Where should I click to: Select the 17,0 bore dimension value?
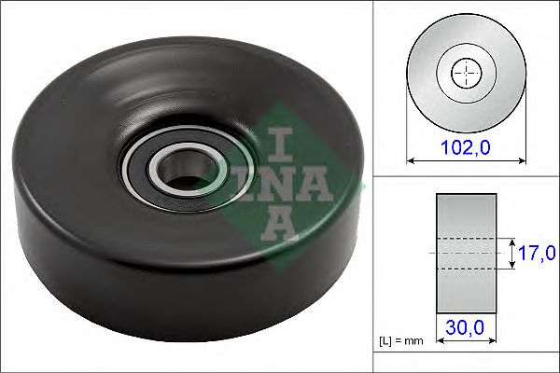pyautogui.click(x=536, y=253)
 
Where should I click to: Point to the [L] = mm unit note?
pyautogui.click(x=402, y=341)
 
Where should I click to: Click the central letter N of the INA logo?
pyautogui.click(x=279, y=183)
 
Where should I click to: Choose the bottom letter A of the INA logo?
pyautogui.click(x=279, y=223)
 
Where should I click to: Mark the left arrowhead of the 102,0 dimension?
pyautogui.click(x=412, y=160)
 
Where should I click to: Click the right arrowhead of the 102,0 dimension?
pyautogui.click(x=517, y=160)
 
